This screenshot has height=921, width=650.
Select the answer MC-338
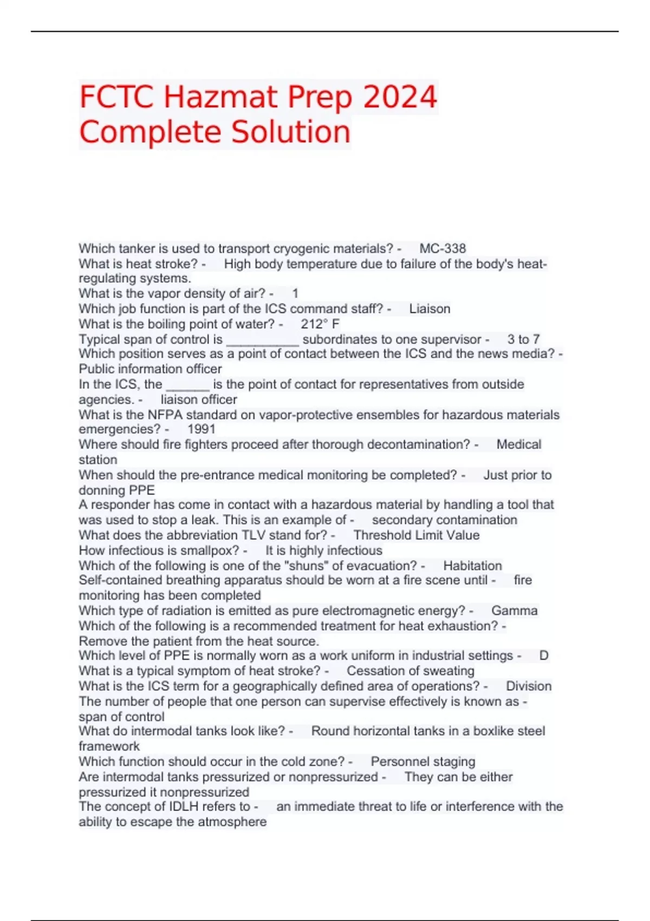pos(443,249)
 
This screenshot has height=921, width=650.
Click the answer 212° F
pos(320,324)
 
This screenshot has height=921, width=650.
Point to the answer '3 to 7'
pos(523,339)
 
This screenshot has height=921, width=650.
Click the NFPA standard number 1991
pos(201,429)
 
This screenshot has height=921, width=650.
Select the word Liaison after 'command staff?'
pos(430,309)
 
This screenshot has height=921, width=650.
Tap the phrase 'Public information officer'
pos(150,369)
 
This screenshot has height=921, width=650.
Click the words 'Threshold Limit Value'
pos(416,535)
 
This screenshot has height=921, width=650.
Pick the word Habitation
pos(472,566)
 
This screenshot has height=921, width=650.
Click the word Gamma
pos(514,611)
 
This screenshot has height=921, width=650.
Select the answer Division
pos(528,686)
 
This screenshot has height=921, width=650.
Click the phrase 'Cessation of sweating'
pos(410,671)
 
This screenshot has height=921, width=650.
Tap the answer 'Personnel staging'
pos(422,762)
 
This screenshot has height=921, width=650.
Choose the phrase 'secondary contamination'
pos(444,520)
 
